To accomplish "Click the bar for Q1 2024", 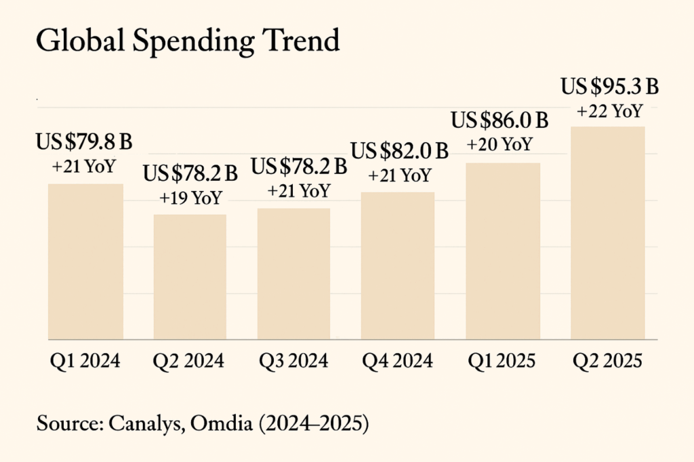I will (85, 261).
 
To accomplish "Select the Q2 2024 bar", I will (190, 277).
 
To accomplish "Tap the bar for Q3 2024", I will (294, 274).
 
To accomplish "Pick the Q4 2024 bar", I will (398, 266).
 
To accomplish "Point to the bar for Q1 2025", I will (503, 251).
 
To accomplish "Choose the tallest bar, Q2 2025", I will (607, 232).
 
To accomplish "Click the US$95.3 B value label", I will (609, 88).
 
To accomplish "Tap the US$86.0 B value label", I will (499, 121).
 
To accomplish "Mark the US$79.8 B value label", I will (84, 142).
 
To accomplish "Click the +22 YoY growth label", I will (609, 111).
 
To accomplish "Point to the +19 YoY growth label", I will (190, 198).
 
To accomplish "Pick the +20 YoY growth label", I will (499, 144).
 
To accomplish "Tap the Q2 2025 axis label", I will (607, 360).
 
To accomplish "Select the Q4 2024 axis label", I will (398, 360).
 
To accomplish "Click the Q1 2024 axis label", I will (85, 360).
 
